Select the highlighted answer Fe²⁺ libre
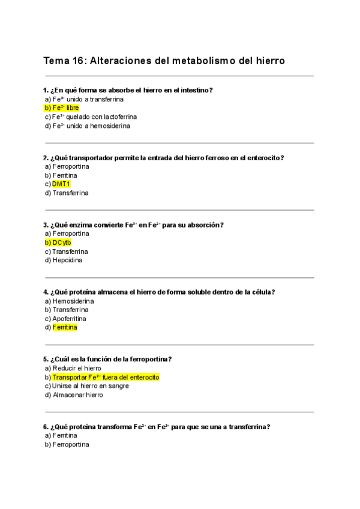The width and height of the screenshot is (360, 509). (65, 108)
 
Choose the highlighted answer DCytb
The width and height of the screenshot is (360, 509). (62, 242)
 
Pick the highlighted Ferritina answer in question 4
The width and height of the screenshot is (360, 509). (65, 328)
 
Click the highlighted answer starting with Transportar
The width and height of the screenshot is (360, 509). (106, 378)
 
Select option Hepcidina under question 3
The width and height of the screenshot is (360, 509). (67, 261)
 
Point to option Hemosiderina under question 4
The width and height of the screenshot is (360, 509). (71, 301)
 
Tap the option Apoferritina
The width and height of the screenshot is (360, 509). (69, 319)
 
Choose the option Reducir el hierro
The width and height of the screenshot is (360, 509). (77, 369)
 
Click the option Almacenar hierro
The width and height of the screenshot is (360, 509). (77, 395)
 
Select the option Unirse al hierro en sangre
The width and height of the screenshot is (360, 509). (90, 386)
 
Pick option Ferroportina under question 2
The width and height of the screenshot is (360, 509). (71, 166)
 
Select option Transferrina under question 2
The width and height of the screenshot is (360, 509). (70, 193)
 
